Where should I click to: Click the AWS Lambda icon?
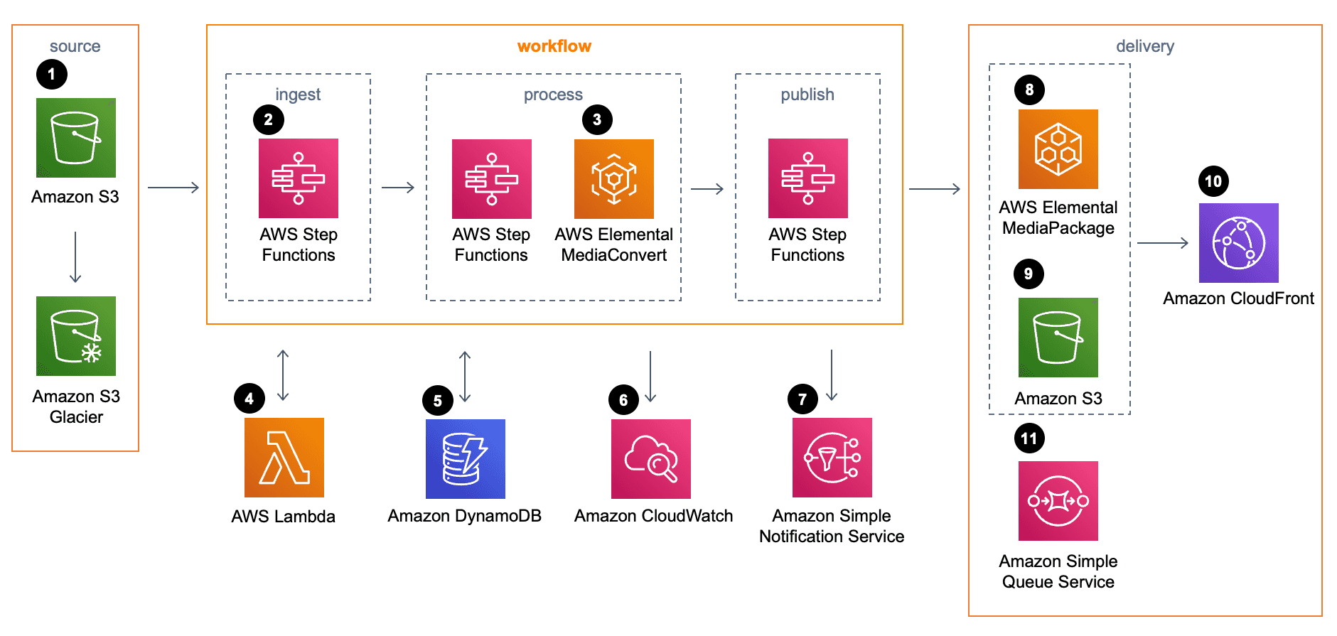tap(284, 457)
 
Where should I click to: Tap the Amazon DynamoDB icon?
tap(465, 458)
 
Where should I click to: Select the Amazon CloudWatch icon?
tap(650, 458)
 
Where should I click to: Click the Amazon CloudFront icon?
tap(1238, 243)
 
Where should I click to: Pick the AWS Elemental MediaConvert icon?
tap(613, 178)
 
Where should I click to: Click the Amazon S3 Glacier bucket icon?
tap(76, 335)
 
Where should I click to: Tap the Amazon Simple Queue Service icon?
tap(1058, 500)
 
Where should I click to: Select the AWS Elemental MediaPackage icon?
tap(1058, 149)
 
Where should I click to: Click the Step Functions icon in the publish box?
tap(807, 178)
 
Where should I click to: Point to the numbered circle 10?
tap(1213, 181)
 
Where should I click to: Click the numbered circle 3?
tap(597, 119)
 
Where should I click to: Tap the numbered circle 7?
tap(802, 399)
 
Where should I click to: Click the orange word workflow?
tap(554, 46)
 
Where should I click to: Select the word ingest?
tap(298, 95)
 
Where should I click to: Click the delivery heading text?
tap(1144, 46)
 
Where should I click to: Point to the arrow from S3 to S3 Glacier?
tap(75, 257)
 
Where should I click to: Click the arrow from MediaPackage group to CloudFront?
tap(1162, 243)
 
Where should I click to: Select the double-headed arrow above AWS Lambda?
tap(283, 375)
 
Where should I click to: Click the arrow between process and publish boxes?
tap(707, 188)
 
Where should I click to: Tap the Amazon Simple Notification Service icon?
tap(832, 457)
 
